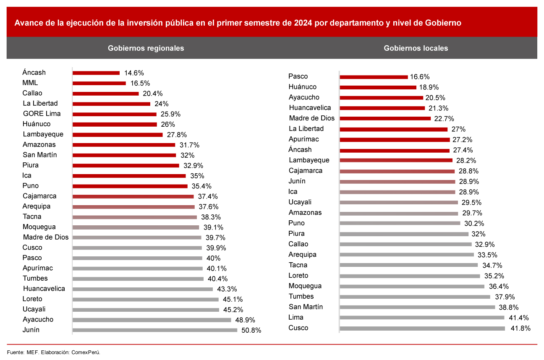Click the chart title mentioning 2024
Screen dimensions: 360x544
coord(238,23)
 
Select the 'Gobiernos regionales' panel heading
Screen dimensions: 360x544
coord(146,48)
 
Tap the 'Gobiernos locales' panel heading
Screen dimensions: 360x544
coord(416,48)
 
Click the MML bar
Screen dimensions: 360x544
coord(99,83)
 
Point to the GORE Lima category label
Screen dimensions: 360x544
coord(42,114)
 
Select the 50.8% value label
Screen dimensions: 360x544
coord(251,330)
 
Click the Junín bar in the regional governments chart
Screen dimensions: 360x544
coord(155,330)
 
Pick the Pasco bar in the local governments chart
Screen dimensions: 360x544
coord(374,77)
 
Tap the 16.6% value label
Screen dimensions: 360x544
coord(420,77)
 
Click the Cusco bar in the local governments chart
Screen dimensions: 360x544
coord(422,328)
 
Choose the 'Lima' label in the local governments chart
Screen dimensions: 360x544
coord(296,318)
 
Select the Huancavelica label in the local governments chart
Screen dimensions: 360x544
coord(310,108)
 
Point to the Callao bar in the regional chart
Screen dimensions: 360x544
coord(105,94)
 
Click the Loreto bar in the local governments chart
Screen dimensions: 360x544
coord(410,276)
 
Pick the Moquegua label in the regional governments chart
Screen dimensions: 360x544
coord(39,227)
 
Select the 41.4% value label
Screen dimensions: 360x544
coord(518,318)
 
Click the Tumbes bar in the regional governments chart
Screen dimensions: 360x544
coord(138,279)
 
